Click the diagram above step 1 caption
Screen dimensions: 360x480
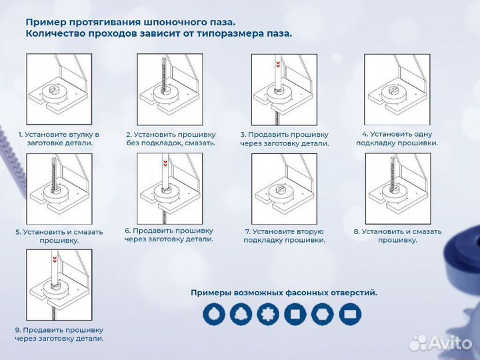59,89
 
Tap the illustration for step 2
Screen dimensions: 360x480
169,89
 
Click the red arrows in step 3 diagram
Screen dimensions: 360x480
277,64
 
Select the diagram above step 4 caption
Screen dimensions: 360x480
396,89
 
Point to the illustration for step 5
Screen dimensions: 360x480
59,189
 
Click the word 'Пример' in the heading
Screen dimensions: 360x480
47,21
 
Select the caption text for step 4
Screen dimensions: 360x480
397,138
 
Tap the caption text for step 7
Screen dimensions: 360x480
284,236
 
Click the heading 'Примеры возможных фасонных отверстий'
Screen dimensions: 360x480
283,292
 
